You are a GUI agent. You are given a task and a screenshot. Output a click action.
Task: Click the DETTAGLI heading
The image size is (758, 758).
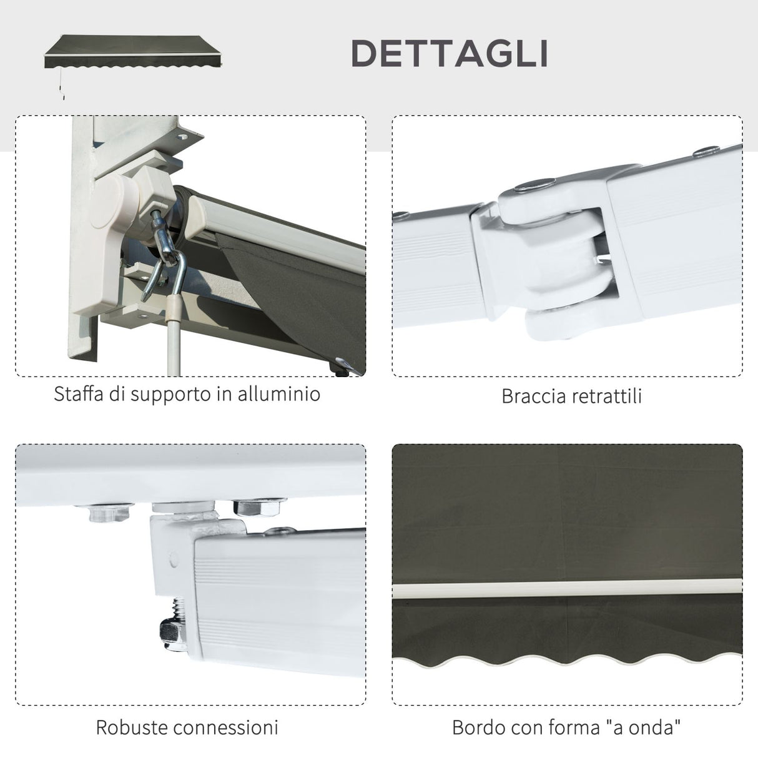pyautogui.click(x=449, y=53)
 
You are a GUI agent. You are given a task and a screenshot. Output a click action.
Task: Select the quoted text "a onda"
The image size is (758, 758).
pyautogui.click(x=649, y=727)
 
